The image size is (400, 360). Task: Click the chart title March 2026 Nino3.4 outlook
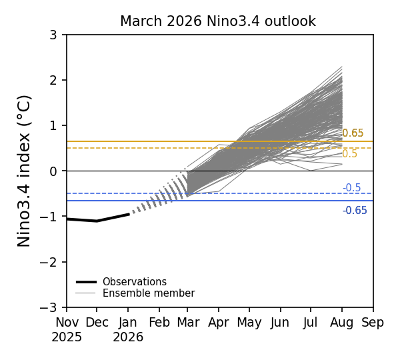218,21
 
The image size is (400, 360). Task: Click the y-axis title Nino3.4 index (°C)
25,171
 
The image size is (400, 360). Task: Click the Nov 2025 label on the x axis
67,329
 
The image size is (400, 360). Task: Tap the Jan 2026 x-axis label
129,329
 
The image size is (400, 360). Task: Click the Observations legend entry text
134,282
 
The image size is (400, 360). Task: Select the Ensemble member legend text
148,293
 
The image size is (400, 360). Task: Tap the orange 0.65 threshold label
353,133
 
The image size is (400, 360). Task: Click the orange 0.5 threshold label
349,154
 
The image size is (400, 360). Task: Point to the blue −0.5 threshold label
351,188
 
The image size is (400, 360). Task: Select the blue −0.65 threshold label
355,211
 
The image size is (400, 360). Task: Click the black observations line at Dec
97,221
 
